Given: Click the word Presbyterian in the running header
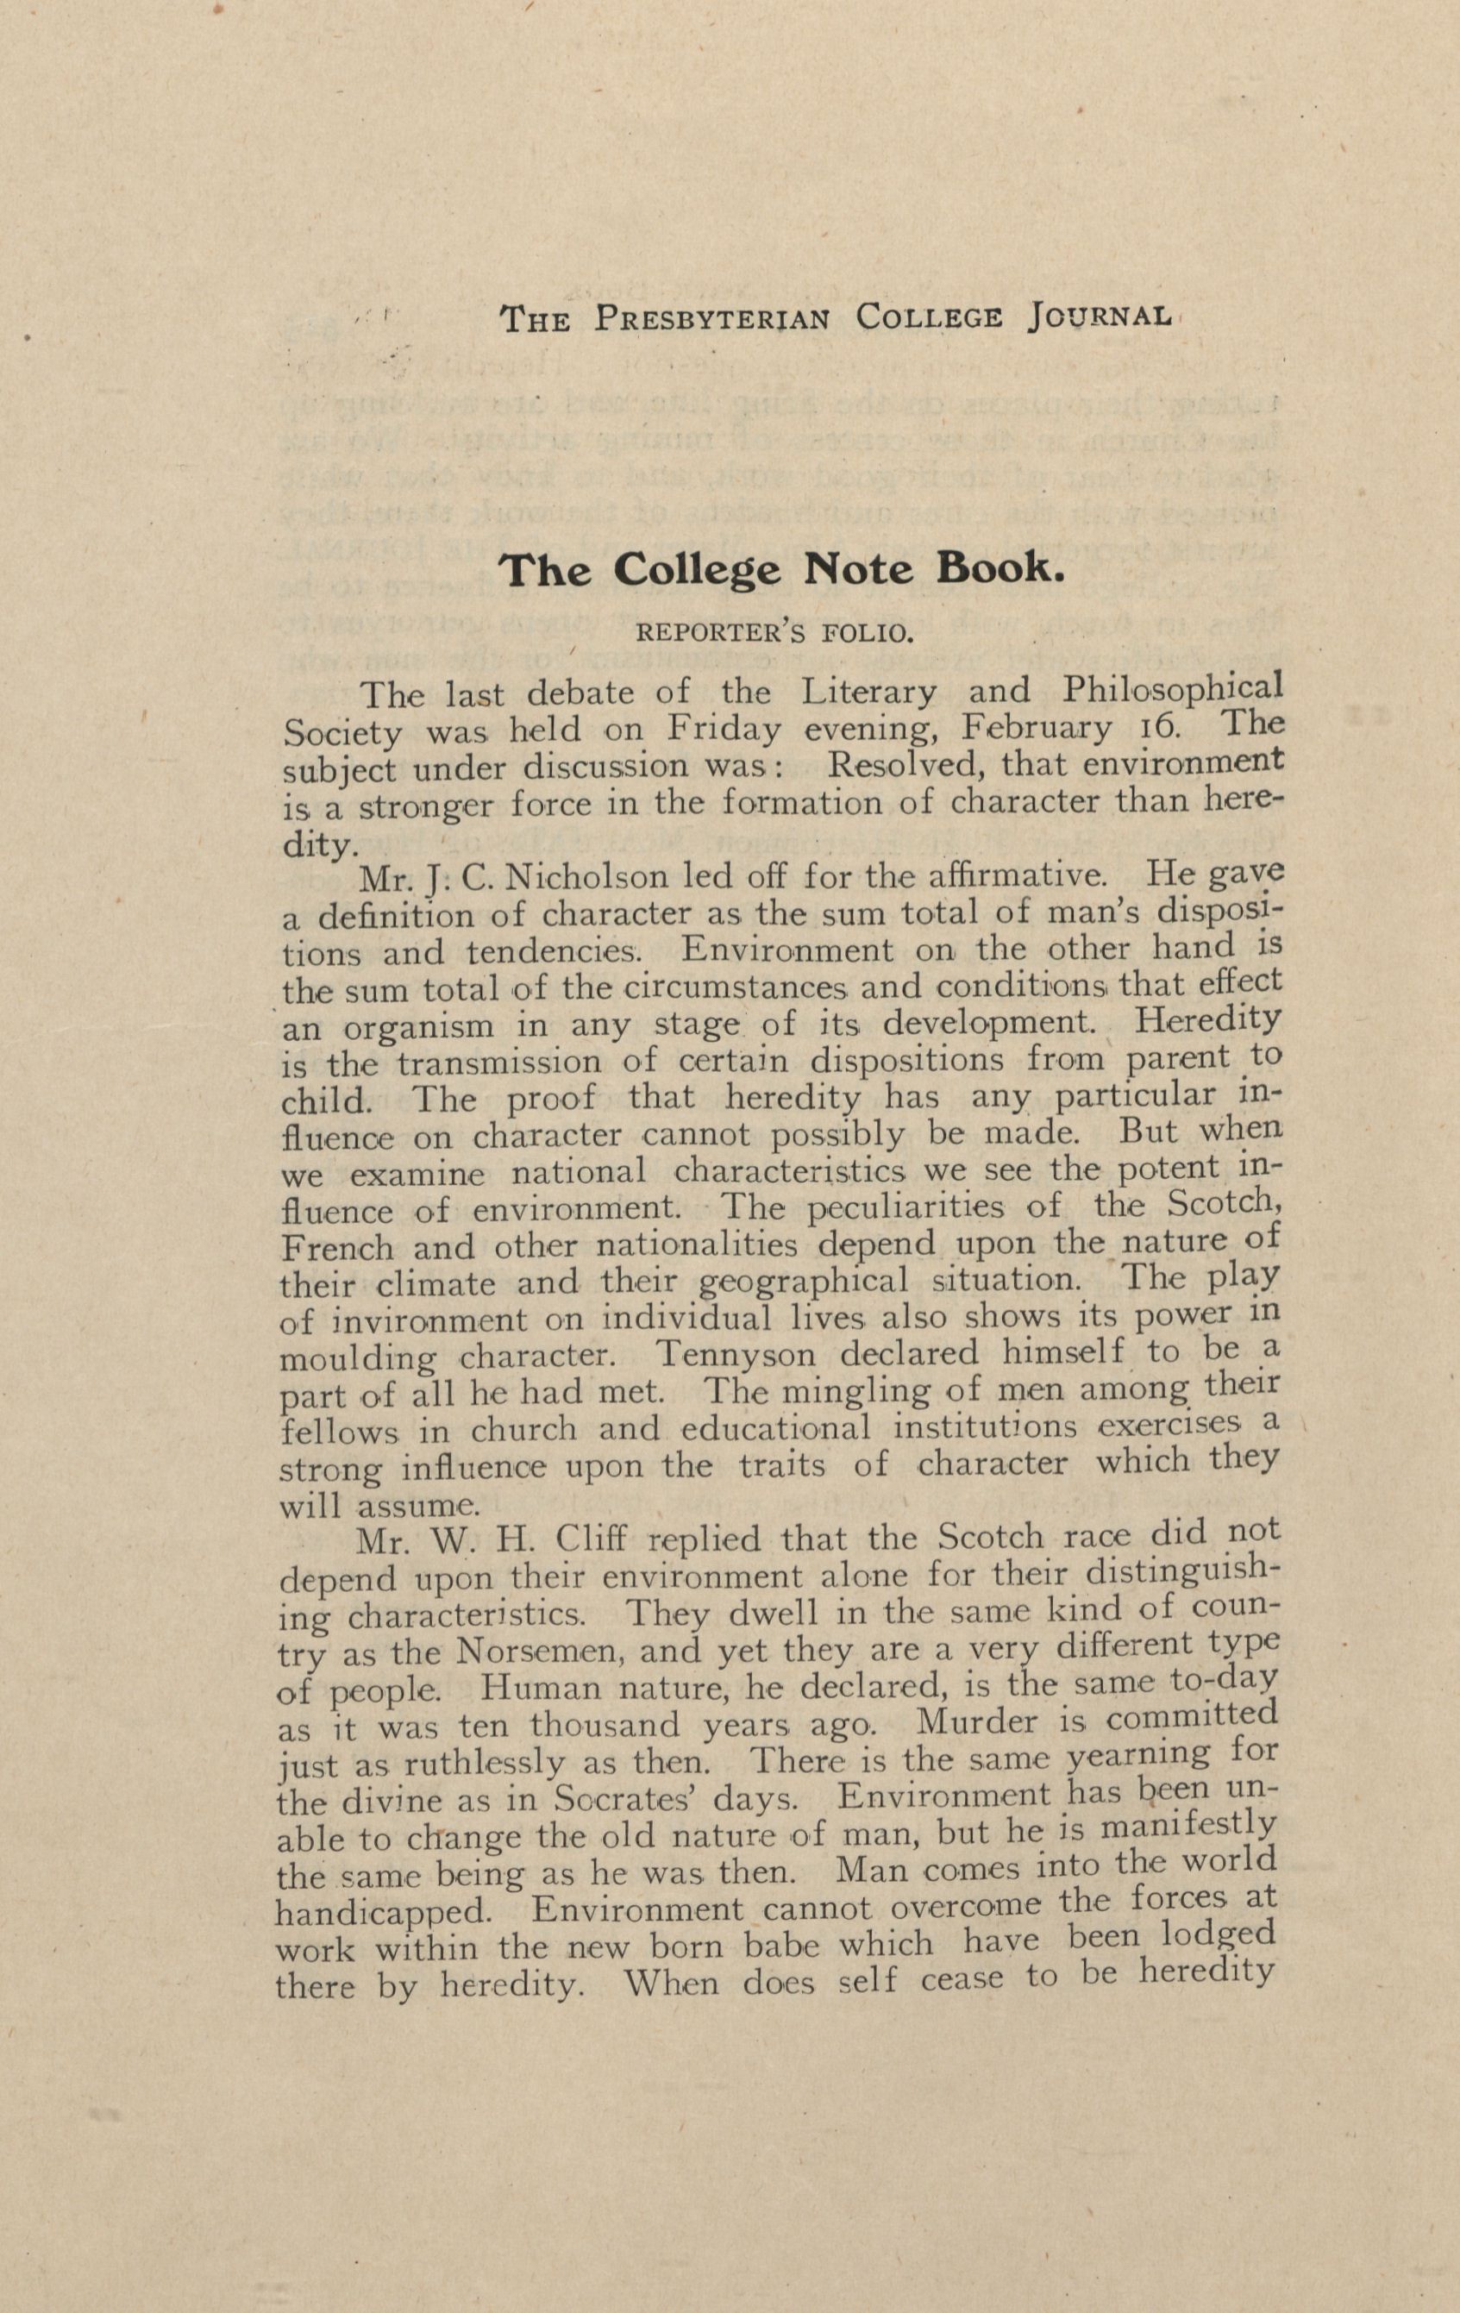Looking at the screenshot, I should [x=711, y=318].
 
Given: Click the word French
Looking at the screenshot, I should [x=337, y=1248].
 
